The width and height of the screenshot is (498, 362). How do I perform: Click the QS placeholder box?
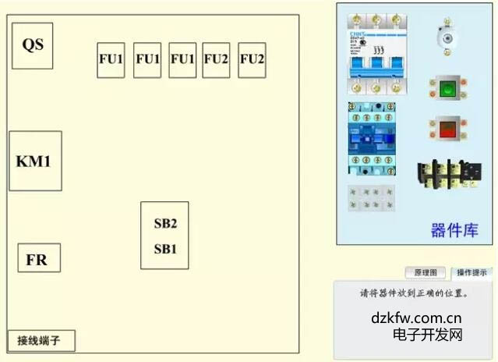(33, 44)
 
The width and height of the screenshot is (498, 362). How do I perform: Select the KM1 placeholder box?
(35, 161)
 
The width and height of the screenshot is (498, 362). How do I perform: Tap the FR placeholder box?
(38, 258)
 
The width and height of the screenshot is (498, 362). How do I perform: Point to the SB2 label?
(165, 224)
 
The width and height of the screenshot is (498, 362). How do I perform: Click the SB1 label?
(165, 250)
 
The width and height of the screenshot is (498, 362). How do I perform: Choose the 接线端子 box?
(41, 341)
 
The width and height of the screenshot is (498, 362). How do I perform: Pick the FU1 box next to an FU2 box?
(182, 59)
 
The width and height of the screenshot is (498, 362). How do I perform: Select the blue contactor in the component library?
(372, 138)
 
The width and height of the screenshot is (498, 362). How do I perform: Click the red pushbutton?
(447, 127)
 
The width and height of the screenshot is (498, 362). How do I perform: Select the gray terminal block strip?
(371, 197)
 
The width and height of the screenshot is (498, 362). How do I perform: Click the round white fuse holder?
(446, 34)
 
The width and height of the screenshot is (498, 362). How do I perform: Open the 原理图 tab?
(425, 273)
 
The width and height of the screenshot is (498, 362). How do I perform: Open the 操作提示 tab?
(472, 273)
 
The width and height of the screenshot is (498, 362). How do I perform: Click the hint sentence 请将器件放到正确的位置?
(414, 294)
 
